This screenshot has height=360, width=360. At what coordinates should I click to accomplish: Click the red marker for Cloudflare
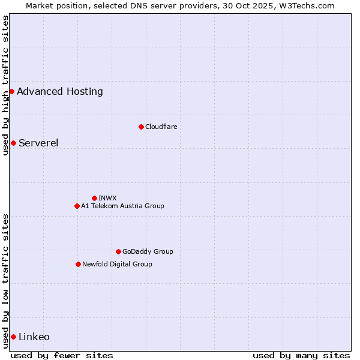click(x=141, y=127)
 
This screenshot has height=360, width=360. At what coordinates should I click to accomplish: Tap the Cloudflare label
click(x=161, y=127)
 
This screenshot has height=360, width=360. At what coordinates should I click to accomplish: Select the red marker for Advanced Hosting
click(x=11, y=91)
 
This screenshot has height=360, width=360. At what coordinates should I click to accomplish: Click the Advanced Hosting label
click(x=60, y=92)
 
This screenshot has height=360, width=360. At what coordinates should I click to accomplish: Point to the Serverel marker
click(x=13, y=143)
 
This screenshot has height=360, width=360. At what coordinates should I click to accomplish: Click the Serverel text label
click(x=38, y=143)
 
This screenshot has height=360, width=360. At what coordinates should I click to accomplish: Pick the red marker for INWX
click(x=94, y=198)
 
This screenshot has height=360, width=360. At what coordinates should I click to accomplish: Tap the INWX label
click(x=107, y=198)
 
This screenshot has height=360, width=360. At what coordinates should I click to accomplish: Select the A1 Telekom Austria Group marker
click(x=77, y=206)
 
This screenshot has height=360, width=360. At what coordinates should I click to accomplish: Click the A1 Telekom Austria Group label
click(x=122, y=206)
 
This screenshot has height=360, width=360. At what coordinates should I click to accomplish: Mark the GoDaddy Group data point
click(x=118, y=251)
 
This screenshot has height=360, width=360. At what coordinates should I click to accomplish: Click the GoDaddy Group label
click(x=148, y=251)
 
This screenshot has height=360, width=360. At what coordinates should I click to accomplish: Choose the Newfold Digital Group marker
click(x=78, y=264)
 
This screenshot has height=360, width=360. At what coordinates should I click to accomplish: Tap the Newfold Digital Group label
click(x=117, y=264)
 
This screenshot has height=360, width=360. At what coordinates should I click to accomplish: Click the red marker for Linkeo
click(x=13, y=337)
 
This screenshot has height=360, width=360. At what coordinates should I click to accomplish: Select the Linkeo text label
click(x=34, y=337)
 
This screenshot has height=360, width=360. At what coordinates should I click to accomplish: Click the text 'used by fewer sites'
click(x=62, y=355)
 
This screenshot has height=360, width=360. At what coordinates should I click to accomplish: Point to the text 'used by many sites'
click(x=301, y=355)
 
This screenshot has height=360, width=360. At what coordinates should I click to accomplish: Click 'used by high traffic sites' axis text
click(x=5, y=85)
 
